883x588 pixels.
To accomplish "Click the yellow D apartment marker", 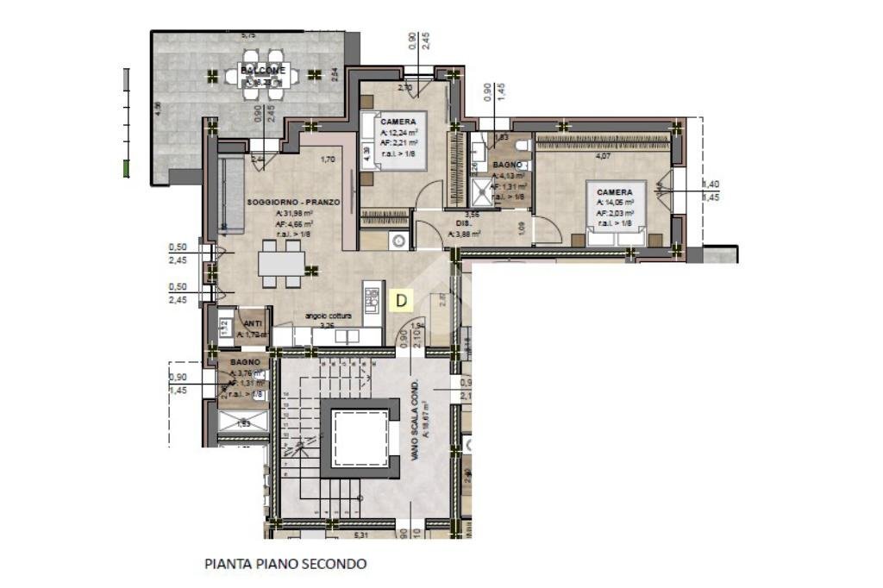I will [x=401, y=300].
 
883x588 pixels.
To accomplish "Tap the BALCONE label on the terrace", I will [x=258, y=69].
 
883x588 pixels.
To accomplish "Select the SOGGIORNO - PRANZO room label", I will [x=293, y=202].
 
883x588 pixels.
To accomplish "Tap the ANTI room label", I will [x=253, y=323].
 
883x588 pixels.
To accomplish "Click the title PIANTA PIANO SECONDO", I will [x=285, y=564].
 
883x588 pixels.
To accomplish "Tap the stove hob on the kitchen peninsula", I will [x=373, y=298].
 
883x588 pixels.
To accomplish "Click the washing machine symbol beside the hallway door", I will [x=398, y=241].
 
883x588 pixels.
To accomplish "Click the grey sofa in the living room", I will [x=230, y=195].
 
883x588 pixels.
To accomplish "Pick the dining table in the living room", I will [x=281, y=262].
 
